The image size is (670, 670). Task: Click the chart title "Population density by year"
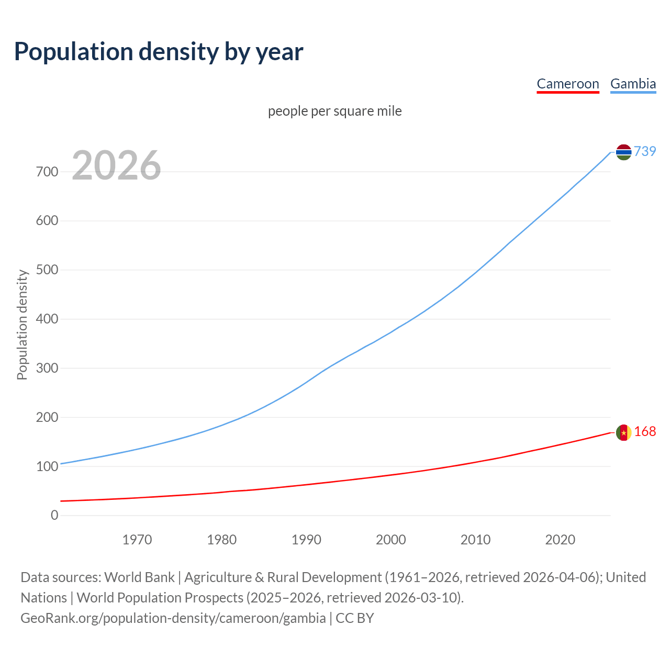point(159,52)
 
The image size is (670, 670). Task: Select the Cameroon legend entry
point(568,84)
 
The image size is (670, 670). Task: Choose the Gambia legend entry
point(633,84)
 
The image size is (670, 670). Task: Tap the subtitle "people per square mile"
point(335,111)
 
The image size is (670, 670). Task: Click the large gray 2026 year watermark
point(116,165)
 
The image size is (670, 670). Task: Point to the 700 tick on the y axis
point(47,172)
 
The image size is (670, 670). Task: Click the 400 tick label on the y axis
point(47,319)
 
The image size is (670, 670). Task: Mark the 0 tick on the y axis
point(54,515)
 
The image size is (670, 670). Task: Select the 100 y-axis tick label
point(47,466)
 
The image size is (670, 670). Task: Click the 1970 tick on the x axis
point(137,540)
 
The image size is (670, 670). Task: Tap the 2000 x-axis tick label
point(391,540)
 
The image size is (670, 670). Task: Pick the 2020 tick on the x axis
point(560,540)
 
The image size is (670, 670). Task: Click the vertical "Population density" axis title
point(22,325)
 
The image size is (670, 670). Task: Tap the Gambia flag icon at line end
point(623,152)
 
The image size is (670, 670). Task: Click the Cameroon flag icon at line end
point(623,432)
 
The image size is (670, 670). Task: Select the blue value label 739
point(645,151)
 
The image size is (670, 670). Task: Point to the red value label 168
point(645,431)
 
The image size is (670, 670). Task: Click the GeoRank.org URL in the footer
point(173,618)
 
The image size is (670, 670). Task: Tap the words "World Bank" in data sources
point(139,577)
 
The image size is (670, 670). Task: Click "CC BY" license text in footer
point(355,618)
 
